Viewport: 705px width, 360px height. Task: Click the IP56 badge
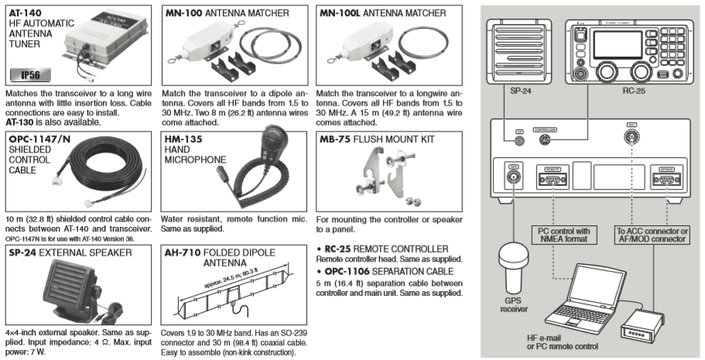[x=29, y=76]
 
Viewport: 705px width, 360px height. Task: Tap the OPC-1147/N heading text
[x=39, y=139]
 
